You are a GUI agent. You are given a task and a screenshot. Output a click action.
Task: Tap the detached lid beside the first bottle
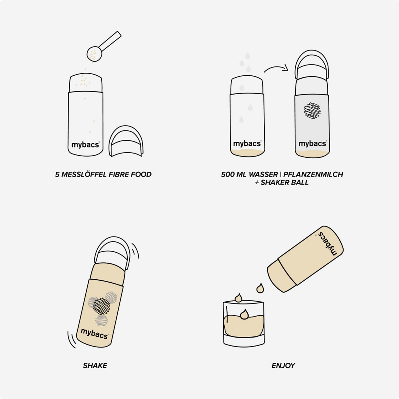coord(126,141)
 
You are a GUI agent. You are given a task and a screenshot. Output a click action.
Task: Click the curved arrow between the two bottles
coord(276,69)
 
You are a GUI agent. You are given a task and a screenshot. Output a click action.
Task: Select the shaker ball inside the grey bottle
coord(312,111)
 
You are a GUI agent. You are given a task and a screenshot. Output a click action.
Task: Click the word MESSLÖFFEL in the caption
coord(84,174)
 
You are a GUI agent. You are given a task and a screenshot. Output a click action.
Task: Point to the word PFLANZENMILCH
coord(313,174)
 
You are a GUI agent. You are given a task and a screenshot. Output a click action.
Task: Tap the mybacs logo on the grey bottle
coord(312,144)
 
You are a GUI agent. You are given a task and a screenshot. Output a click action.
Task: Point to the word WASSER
coord(264,174)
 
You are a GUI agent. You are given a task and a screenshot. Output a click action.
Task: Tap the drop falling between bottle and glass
coord(260,288)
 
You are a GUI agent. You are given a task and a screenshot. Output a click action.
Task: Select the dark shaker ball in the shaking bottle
coord(101,306)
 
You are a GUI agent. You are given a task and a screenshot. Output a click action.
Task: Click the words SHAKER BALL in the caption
coord(285,183)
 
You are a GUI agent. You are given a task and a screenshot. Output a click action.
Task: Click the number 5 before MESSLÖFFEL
coord(57,174)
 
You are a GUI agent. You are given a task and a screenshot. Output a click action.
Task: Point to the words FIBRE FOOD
coord(130,174)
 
